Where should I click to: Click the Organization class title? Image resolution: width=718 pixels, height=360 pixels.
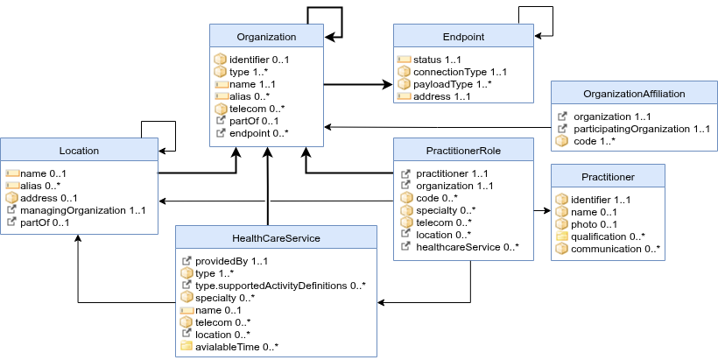(266, 37)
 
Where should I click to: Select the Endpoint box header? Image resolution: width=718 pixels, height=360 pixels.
(463, 37)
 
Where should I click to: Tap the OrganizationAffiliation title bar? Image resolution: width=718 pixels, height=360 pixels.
(634, 94)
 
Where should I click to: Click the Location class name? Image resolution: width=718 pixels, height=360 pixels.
(79, 151)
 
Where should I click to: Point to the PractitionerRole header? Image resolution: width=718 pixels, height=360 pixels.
(463, 151)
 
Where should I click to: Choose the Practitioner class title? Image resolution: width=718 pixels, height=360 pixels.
(608, 177)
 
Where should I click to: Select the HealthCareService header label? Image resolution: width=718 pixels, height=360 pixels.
(276, 238)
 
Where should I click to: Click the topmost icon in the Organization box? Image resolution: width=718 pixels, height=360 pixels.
(221, 60)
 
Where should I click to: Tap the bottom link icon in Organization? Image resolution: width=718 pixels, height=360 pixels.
(221, 133)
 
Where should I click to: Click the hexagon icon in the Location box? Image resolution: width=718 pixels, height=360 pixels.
(12, 198)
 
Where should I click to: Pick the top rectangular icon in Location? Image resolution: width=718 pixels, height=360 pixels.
(12, 173)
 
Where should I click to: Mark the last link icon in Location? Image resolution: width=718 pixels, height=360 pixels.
(12, 222)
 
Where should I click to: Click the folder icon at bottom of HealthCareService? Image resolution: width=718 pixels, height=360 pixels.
(187, 345)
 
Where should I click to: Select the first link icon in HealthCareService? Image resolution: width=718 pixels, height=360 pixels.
(187, 261)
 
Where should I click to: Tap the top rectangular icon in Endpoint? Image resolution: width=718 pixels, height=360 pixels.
(404, 60)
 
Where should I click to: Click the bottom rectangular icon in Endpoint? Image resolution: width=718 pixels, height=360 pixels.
(404, 96)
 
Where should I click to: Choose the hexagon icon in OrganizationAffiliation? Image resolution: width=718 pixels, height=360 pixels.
(562, 140)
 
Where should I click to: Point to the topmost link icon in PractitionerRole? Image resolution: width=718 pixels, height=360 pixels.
(405, 174)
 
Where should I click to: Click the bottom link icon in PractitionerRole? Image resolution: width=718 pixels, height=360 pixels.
(405, 246)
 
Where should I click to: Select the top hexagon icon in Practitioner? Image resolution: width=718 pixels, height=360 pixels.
(562, 199)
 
